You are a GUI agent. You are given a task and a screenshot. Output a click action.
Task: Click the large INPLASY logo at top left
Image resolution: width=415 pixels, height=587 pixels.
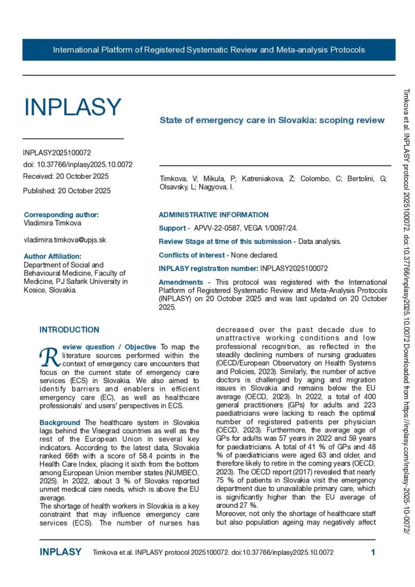pos(72,108)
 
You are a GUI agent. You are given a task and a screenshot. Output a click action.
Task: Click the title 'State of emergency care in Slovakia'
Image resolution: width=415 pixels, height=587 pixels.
pos(271,120)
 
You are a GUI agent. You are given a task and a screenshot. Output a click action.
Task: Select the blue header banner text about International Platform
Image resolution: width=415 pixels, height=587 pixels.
pos(209,50)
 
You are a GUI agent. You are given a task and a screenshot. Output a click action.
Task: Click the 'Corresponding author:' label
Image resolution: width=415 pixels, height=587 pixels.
pos(61,215)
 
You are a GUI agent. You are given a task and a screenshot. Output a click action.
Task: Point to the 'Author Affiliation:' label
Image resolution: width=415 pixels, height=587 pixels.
pos(52,256)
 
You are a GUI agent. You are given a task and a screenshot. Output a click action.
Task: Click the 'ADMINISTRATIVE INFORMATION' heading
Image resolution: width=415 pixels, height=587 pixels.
pos(213,215)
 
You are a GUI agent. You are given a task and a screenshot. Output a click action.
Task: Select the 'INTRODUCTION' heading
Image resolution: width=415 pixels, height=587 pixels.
pos(69,330)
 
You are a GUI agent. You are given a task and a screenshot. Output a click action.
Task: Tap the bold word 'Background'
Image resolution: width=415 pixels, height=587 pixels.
pos(60,422)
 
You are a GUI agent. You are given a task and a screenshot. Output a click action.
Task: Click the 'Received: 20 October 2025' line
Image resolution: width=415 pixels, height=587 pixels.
pos(66,176)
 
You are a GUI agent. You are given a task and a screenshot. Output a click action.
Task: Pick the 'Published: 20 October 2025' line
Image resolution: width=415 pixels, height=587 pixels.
pos(66,190)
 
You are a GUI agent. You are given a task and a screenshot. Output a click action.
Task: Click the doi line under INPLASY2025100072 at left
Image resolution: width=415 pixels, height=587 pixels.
pos(77,165)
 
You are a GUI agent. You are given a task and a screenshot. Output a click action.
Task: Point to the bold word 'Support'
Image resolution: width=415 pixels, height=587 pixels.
pos(173,228)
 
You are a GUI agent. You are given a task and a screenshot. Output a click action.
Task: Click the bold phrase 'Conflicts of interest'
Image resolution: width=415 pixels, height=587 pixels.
pos(191,255)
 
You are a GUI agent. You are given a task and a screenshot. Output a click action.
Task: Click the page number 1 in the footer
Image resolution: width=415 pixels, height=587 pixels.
pos(373,553)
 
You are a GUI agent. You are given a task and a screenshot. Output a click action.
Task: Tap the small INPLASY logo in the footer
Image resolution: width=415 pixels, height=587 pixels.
pos(60,553)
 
